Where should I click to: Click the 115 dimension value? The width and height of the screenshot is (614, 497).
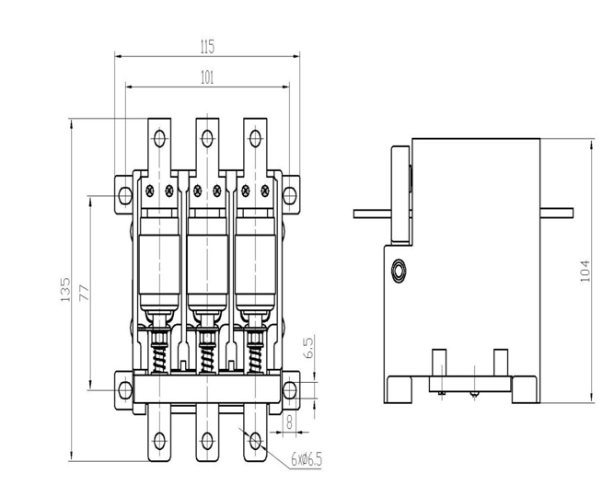tap(207, 47)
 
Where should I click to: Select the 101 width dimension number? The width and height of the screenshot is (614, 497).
tap(207, 77)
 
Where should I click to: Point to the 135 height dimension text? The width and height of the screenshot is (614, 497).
tap(65, 289)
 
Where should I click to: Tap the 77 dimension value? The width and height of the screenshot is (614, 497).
tap(84, 293)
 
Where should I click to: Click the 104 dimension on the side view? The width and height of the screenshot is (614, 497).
tap(585, 271)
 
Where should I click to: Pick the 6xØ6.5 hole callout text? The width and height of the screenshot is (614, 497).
tap(307, 459)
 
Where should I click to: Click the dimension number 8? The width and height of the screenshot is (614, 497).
tap(289, 422)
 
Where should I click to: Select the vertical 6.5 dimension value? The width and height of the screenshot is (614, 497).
tap(308, 347)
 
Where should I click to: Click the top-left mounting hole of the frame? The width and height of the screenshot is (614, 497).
tap(125, 195)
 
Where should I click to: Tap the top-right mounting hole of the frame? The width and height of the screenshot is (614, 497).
tap(289, 195)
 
